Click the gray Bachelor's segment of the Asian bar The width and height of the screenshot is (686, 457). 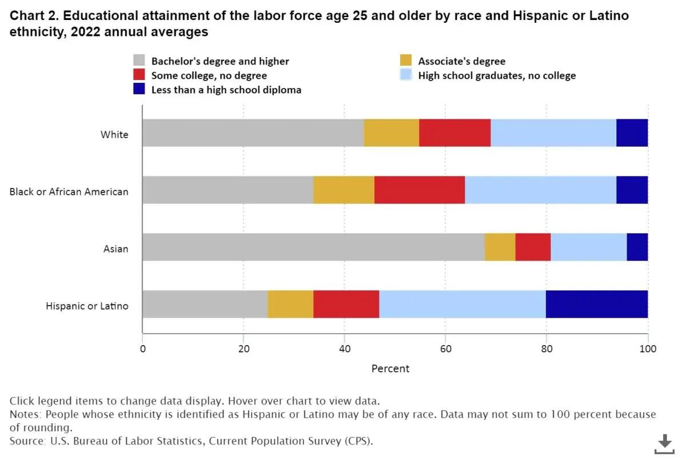(x=313, y=247)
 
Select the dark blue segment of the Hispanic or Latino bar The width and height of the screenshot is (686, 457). (x=597, y=304)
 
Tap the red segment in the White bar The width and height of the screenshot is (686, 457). (x=455, y=133)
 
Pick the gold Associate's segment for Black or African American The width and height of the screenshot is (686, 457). (x=344, y=190)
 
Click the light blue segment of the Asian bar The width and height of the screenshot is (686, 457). (x=589, y=247)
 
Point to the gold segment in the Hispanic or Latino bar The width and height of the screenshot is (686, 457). (x=290, y=304)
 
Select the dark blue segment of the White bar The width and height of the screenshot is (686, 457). (x=632, y=133)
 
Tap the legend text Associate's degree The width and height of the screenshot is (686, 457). (x=461, y=61)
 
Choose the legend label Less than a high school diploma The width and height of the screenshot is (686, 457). (x=226, y=90)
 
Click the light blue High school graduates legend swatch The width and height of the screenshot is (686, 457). (x=406, y=75)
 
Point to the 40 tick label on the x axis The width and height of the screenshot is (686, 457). (x=345, y=348)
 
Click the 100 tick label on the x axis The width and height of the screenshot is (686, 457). (x=648, y=348)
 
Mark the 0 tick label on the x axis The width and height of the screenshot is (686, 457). (x=142, y=348)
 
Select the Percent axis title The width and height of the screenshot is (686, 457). (x=390, y=368)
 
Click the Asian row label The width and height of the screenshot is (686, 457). (x=115, y=249)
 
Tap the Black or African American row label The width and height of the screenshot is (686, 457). (x=69, y=192)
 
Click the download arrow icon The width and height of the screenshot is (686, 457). (x=665, y=443)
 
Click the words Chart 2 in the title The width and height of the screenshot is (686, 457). (x=33, y=16)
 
